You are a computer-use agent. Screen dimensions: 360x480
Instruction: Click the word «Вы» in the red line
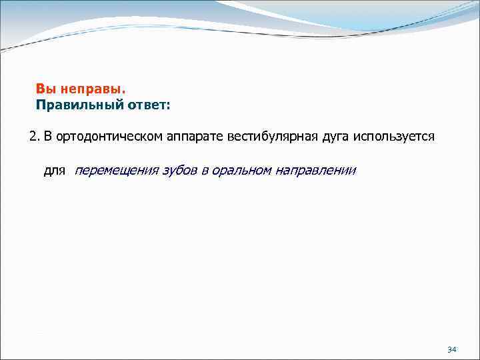pyautogui.click(x=45, y=89)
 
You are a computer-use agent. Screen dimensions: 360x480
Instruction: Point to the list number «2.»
pyautogui.click(x=35, y=137)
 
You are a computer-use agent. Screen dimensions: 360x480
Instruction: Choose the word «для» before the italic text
pyautogui.click(x=55, y=171)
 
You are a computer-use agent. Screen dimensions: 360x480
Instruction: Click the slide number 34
pyautogui.click(x=451, y=349)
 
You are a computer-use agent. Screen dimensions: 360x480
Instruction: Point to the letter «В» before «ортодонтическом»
pyautogui.click(x=49, y=137)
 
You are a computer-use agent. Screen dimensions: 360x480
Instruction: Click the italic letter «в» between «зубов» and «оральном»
pyautogui.click(x=205, y=171)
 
